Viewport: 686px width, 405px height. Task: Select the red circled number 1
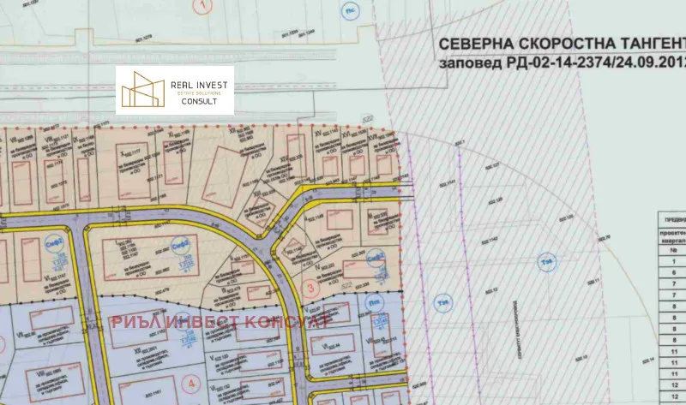(x=202, y=5)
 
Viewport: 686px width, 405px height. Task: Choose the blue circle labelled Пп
(x=375, y=301)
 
